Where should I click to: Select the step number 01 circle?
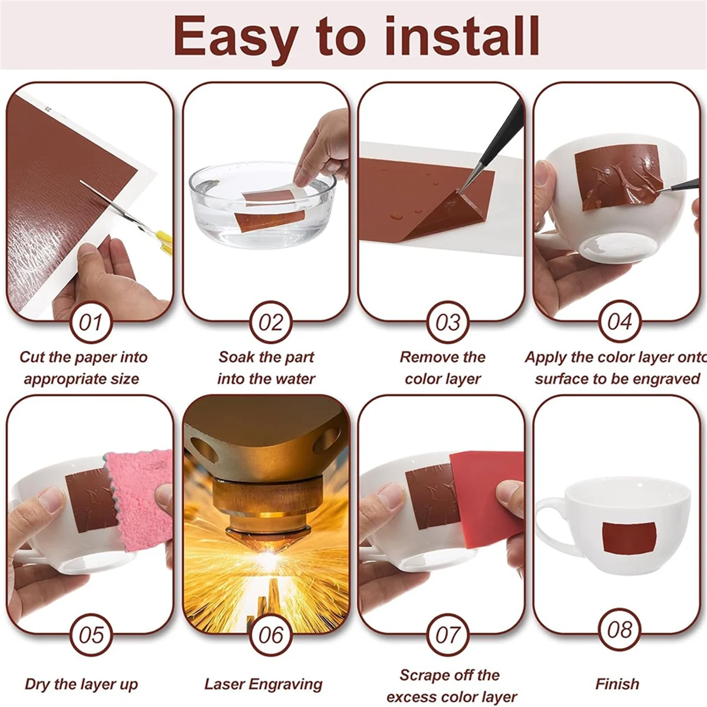[x=90, y=322]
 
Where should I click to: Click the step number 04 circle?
[x=620, y=322]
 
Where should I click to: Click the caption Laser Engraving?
[x=263, y=684]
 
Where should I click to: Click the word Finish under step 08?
[x=617, y=684]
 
